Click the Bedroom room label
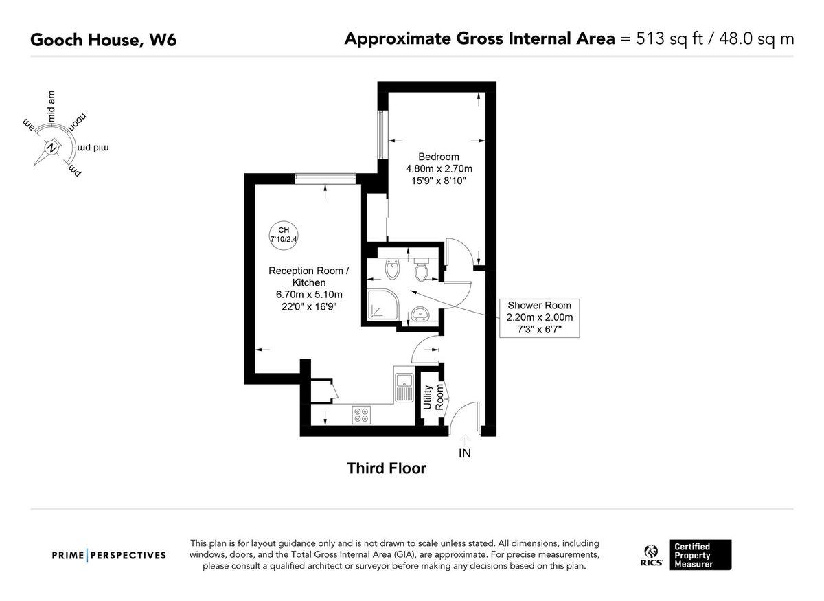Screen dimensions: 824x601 [439, 157]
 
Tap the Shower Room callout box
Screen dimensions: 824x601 [539, 318]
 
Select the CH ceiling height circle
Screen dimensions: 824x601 [283, 235]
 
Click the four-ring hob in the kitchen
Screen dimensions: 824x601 [361, 415]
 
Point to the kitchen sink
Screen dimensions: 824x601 [404, 388]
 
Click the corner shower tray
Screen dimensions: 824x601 [382, 304]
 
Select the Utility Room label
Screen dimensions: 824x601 [433, 397]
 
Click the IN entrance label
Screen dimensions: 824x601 [465, 453]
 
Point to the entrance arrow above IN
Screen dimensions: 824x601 [466, 440]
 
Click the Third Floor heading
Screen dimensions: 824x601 [387, 468]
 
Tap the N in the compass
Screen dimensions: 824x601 [52, 148]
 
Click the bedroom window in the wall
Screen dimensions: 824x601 [383, 135]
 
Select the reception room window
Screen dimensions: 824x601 [325, 179]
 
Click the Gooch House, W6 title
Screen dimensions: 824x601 [104, 40]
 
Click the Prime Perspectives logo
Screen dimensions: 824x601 [109, 555]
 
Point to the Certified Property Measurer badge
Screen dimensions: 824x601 [700, 554]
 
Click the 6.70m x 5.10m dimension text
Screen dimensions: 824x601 [309, 295]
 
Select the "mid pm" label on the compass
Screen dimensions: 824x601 [93, 148]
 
